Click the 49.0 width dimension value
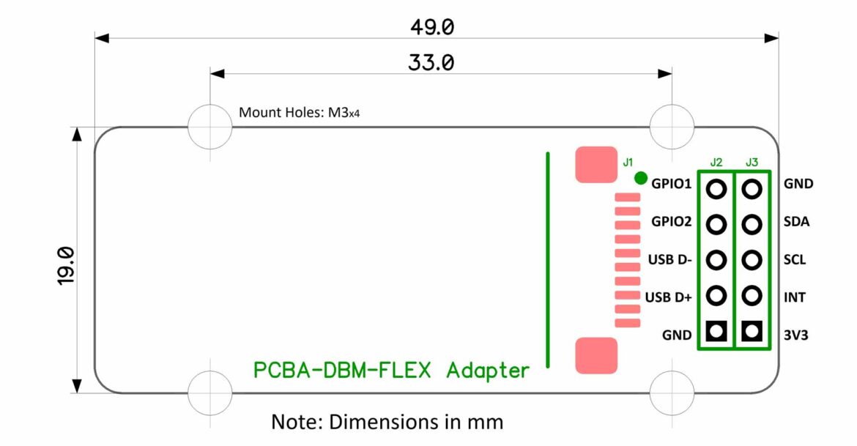[x=432, y=27]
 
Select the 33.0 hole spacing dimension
[x=431, y=64]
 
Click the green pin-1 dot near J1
[x=640, y=177]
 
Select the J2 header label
[x=716, y=162]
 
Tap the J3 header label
[x=752, y=162]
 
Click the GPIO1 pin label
[x=671, y=184]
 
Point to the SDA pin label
[x=796, y=222]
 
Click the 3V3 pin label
[x=796, y=335]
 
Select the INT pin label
[x=795, y=297]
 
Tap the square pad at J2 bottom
[x=716, y=332]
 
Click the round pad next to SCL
[x=752, y=260]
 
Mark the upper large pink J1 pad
[x=596, y=165]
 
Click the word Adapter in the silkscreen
[x=487, y=370]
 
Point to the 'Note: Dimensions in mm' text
[x=387, y=422]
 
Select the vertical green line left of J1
[x=547, y=260]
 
